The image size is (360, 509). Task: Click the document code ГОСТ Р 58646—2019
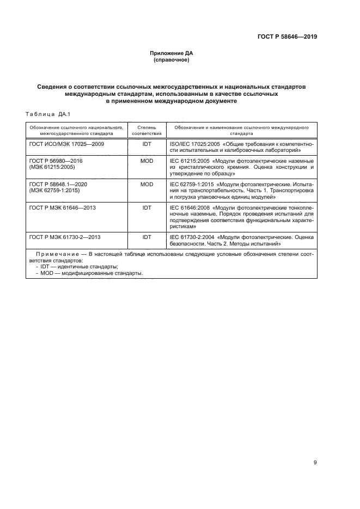287,37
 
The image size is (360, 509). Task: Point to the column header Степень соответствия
147,129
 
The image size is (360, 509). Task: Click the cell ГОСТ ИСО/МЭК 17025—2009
66,144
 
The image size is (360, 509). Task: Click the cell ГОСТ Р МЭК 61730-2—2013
64,237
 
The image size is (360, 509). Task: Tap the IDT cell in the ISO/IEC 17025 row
147,144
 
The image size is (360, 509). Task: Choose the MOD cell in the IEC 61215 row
147,162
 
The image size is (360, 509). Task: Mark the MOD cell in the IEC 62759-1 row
147,185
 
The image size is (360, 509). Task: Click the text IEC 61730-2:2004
188,237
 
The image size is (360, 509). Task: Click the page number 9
315,463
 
